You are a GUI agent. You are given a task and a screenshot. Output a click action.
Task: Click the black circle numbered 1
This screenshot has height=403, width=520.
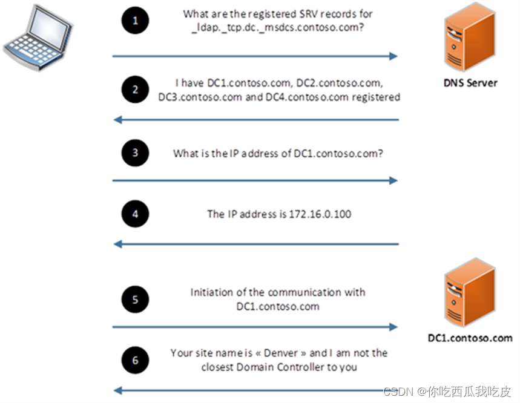136,21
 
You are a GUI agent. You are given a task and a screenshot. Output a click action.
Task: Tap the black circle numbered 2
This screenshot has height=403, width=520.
136,90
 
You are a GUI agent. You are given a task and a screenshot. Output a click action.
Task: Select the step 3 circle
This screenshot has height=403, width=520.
136,152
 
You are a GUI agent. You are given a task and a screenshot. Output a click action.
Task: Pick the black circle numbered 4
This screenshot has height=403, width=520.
136,214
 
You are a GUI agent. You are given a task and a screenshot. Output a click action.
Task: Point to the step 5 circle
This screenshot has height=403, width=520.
136,298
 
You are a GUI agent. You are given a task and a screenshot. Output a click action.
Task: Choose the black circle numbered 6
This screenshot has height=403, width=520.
136,360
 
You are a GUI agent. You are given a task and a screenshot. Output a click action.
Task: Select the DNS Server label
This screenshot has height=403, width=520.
468,82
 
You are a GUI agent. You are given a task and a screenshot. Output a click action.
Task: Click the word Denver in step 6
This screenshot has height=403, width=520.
267,353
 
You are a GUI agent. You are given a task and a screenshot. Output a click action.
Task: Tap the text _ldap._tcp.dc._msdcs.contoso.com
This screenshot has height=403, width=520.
278,27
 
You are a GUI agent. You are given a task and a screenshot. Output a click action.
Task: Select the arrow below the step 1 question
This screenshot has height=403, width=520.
255,56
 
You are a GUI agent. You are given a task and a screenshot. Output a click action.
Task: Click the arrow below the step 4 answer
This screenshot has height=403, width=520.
257,244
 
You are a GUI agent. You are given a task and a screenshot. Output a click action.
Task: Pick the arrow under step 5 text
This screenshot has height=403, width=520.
255,327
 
